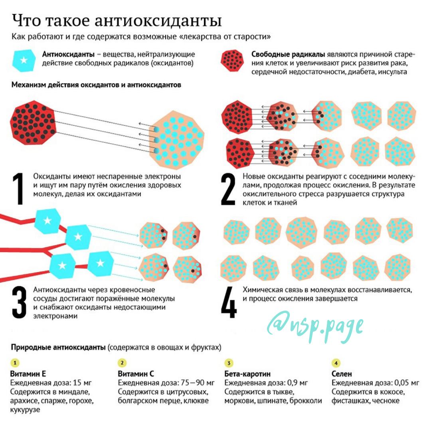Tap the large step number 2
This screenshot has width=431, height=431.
click(228, 189)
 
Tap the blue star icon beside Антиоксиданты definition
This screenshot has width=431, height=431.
click(24, 60)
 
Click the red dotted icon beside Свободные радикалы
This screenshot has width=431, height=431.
click(233, 61)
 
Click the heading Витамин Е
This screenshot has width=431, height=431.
click(28, 374)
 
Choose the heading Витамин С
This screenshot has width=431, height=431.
click(136, 374)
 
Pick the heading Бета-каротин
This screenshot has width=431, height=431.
click(247, 374)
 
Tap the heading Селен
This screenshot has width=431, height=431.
click(342, 374)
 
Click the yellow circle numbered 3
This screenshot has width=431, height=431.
click(229, 363)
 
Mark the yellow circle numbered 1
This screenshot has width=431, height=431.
click(15, 363)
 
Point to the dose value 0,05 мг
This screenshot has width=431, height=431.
click(407, 383)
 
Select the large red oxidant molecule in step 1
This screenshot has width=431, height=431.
click(34, 123)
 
